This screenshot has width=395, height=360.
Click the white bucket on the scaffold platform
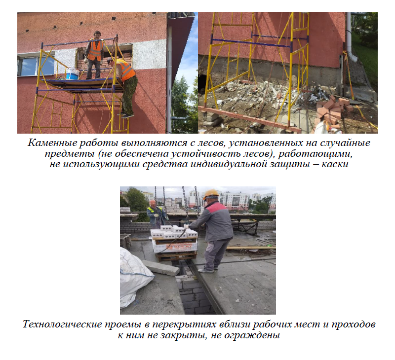73,73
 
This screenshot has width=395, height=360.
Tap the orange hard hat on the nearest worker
211,194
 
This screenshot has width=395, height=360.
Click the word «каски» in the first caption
335,164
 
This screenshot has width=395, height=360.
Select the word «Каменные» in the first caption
52,143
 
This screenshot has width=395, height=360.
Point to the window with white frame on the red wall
36,65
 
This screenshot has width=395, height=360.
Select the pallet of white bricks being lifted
174,242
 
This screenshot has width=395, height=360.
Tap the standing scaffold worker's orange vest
95,51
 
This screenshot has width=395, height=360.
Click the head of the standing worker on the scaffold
97,35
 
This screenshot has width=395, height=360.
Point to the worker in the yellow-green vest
157,214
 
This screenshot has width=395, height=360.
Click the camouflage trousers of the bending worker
129,96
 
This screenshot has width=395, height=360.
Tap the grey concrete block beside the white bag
161,267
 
